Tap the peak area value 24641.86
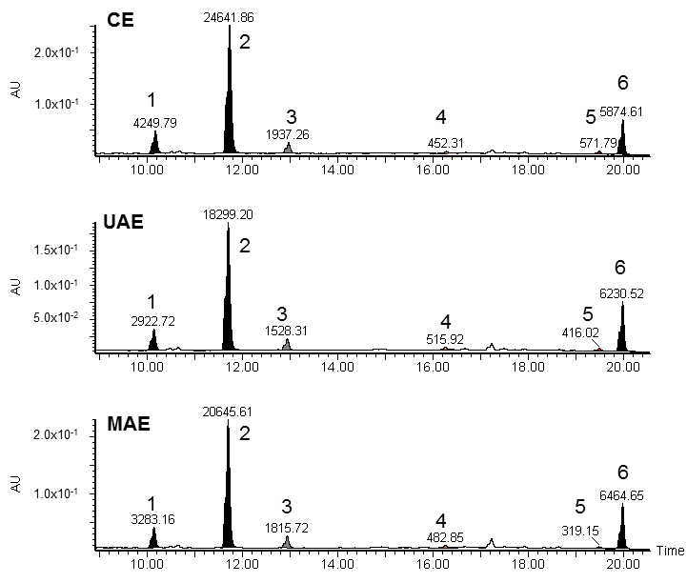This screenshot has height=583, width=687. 229,17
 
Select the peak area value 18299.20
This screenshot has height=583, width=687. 228,216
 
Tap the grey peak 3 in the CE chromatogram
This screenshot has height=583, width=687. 288,148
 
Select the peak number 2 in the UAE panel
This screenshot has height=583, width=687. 244,246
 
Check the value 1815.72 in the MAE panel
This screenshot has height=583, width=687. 288,527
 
